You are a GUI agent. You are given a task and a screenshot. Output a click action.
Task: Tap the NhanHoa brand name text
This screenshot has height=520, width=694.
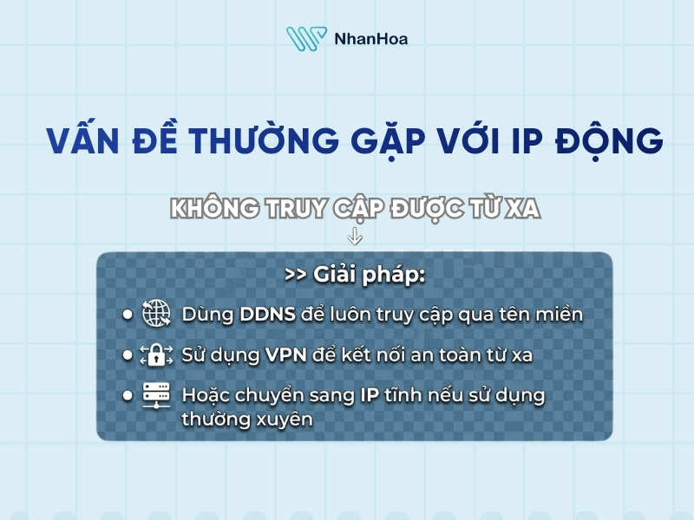pos(370,39)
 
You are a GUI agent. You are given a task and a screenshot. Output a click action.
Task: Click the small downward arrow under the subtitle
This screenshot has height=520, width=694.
pos(355,236)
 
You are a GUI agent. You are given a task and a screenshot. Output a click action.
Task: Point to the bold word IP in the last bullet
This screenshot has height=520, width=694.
pos(368,395)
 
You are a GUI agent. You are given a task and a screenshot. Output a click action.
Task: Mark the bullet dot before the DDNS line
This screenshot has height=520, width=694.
pos(127,314)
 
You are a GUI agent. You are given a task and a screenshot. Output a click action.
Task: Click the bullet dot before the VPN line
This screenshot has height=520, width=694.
pos(127,354)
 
